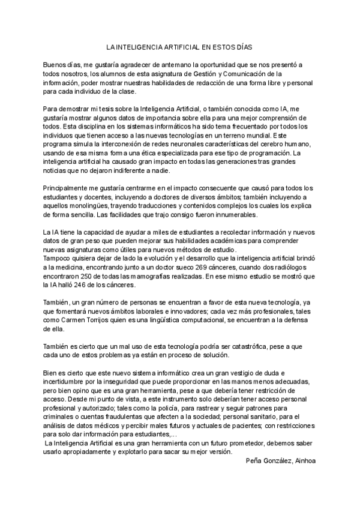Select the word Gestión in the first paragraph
(222, 74)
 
